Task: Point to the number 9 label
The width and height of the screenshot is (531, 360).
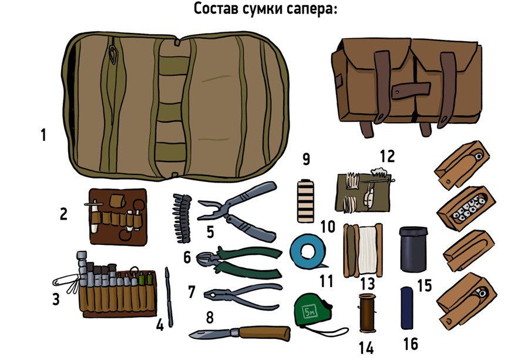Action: tap(306, 159)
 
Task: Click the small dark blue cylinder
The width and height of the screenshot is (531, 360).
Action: tap(406, 308)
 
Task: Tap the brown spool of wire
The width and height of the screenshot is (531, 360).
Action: tap(368, 313)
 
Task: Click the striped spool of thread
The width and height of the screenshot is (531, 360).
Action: tap(305, 201)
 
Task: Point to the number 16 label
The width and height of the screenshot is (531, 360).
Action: tap(411, 344)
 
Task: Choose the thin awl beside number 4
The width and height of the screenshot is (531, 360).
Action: tap(169, 297)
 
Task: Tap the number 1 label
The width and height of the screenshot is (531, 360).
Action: tap(43, 135)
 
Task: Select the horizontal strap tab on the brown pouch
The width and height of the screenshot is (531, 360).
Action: tap(411, 89)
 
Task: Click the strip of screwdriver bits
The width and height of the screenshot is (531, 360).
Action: tap(182, 218)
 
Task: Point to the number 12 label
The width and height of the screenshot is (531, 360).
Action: tap(387, 156)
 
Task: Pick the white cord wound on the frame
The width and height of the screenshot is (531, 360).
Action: tap(368, 250)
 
